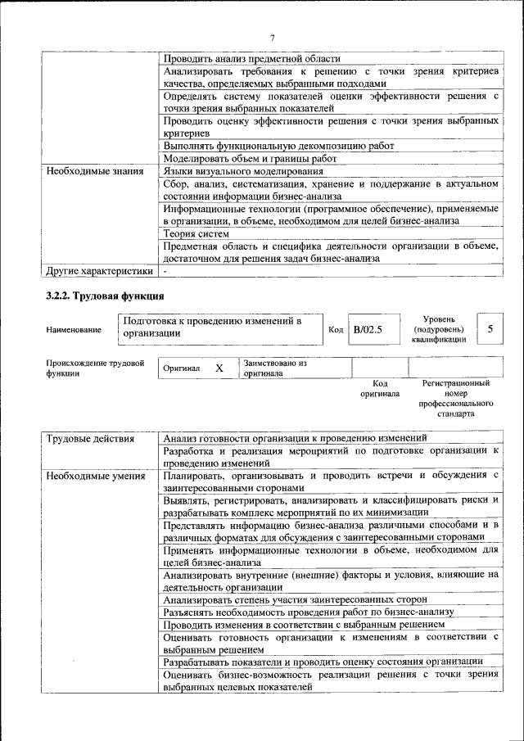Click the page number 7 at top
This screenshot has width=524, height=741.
point(273,37)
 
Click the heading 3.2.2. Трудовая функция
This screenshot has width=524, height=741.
point(106,296)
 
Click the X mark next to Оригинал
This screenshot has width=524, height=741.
point(219,368)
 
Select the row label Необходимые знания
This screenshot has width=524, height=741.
point(95,171)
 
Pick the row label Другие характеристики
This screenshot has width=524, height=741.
point(99,269)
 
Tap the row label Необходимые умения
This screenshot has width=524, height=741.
point(96,476)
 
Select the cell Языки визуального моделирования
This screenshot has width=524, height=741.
point(242,171)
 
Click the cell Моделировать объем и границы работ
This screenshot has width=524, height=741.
point(250,158)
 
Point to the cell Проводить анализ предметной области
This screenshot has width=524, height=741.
point(251,58)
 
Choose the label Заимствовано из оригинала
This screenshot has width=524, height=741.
point(275,368)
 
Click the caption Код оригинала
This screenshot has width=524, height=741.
point(379,388)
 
